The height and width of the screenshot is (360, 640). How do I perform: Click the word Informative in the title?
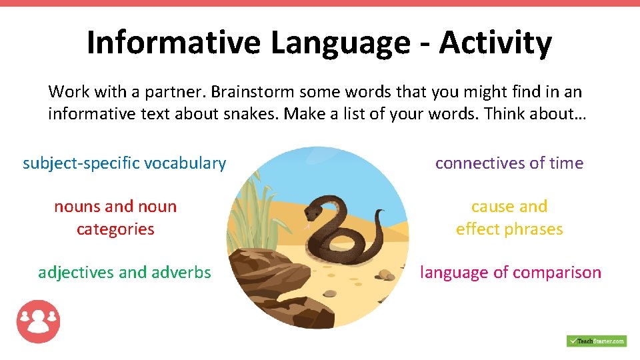(x=174, y=43)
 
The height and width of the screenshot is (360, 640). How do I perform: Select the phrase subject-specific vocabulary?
(x=124, y=163)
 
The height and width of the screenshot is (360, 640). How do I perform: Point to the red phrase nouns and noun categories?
(x=115, y=218)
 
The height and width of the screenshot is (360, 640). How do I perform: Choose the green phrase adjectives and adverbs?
(x=124, y=273)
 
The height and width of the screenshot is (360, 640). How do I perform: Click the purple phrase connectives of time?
(x=509, y=163)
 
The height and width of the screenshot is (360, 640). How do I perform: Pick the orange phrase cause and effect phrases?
(x=509, y=218)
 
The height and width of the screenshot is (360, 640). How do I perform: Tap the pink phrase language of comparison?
(x=510, y=273)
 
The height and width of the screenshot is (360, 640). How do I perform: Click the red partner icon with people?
(x=38, y=321)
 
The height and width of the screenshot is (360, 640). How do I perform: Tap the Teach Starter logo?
(x=596, y=341)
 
